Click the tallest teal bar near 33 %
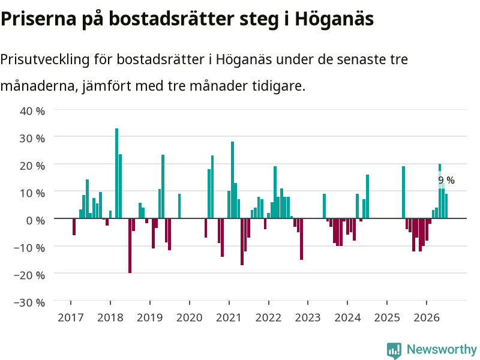[116, 173]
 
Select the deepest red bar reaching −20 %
[130, 245]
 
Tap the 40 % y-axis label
[32, 111]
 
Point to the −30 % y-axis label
[29, 302]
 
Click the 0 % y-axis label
[35, 220]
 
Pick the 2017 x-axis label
[71, 317]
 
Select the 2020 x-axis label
[190, 317]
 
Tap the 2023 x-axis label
[308, 317]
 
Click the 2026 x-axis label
[427, 317]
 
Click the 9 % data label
[446, 181]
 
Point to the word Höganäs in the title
[334, 19]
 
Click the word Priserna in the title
[38, 19]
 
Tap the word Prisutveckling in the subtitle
[45, 59]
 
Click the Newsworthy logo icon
[394, 350]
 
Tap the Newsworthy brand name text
[442, 349]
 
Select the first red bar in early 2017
[74, 227]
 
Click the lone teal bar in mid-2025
[403, 192]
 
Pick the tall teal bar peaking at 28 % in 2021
[232, 180]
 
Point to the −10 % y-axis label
[29, 248]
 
